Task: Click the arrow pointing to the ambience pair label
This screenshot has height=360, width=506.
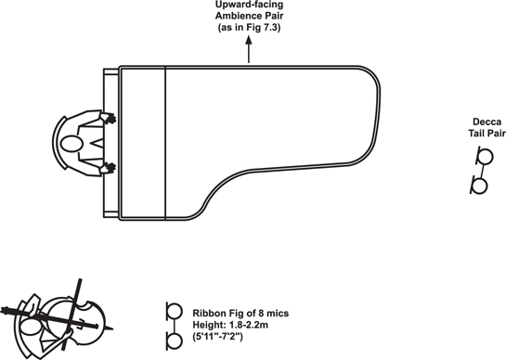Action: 249,49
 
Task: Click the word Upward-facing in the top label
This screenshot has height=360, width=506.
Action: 249,5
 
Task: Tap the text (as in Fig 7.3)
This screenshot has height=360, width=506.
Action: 249,27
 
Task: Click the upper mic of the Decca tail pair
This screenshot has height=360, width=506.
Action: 485,156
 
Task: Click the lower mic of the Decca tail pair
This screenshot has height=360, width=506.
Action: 479,186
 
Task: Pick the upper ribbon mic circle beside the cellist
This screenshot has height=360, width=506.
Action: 175,312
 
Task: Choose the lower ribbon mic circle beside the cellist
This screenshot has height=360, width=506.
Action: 175,341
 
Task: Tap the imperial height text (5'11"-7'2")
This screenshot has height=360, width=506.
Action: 217,337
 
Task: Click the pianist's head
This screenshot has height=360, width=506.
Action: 71,144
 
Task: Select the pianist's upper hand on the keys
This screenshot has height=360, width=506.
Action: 109,118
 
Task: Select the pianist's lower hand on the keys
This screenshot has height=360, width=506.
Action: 109,168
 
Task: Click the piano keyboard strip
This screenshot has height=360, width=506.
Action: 110,143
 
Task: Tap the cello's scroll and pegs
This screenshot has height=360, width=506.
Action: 9,312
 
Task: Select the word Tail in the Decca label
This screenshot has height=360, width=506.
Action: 475,134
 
